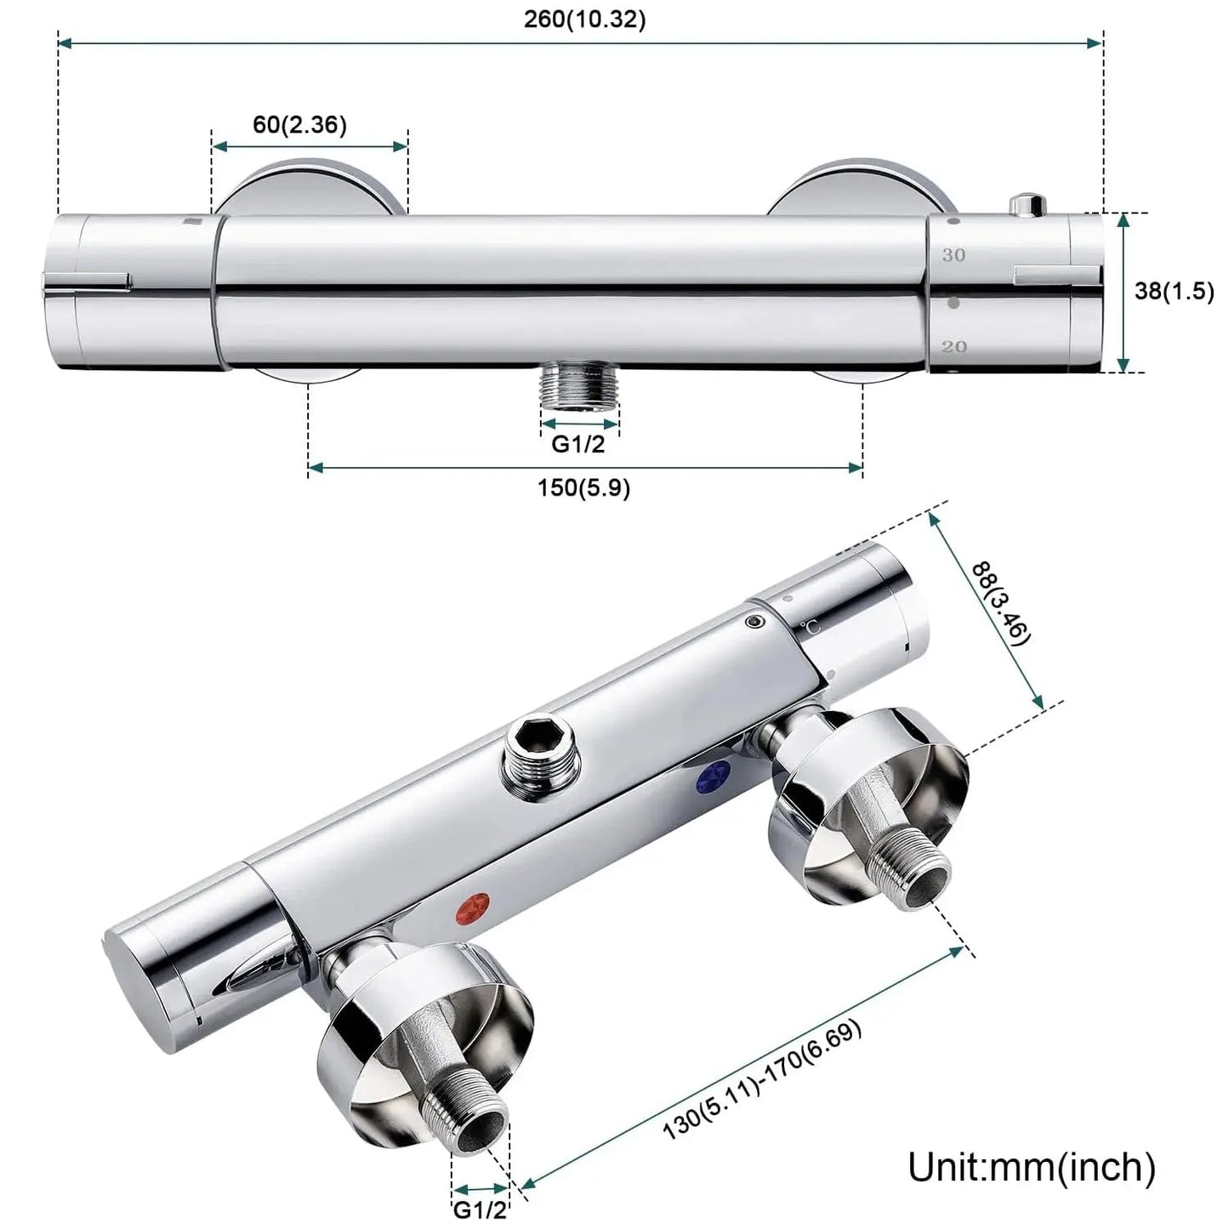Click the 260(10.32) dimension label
point(584,20)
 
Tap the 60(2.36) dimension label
point(299,124)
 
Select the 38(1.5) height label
point(1174,291)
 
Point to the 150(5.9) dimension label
point(583,488)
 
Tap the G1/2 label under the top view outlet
point(578,444)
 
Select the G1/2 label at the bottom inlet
point(480,1209)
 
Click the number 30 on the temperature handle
point(953,255)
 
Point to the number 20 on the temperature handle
point(954,347)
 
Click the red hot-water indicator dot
point(473,909)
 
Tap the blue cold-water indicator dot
point(714,777)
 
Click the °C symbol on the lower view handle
point(811,627)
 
